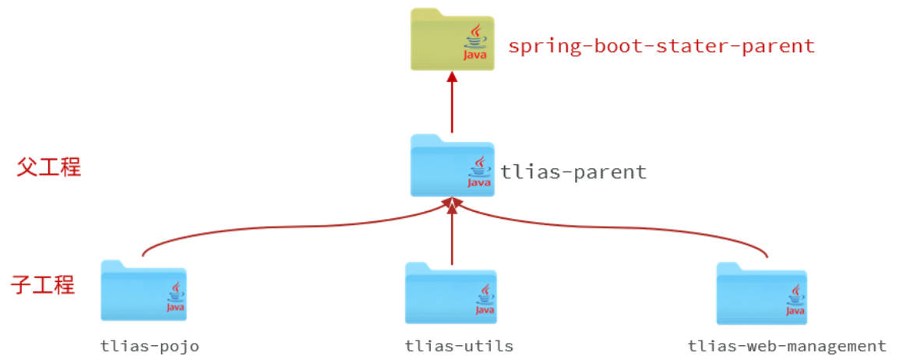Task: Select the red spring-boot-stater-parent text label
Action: point(661,46)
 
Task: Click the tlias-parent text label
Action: point(573,171)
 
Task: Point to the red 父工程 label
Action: point(49,167)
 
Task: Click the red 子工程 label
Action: point(43,285)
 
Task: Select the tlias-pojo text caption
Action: point(150,346)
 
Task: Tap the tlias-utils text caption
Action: point(459,346)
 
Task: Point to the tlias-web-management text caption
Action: point(787,346)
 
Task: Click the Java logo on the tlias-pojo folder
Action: point(175,299)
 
